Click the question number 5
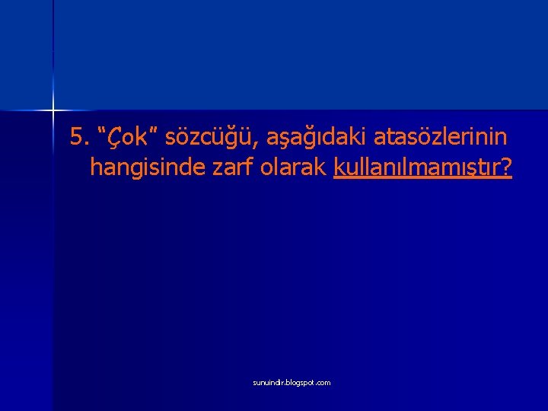point(75,138)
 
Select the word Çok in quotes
point(119,138)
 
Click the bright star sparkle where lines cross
point(53,111)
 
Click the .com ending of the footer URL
point(323,383)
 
